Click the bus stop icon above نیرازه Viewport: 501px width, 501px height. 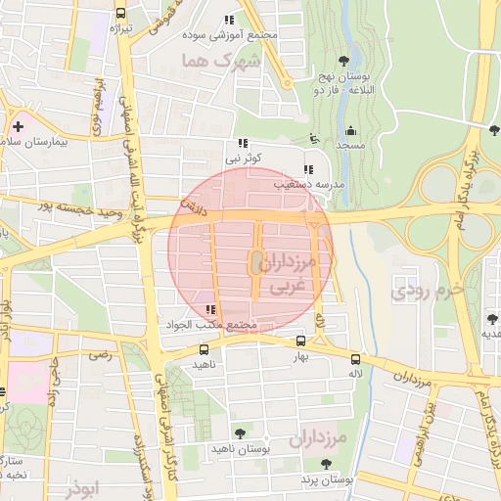[x=120, y=14]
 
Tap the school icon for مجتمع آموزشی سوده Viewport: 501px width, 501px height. [x=229, y=20]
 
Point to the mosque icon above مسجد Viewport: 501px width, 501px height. [x=350, y=130]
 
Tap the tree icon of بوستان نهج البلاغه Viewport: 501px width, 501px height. [x=342, y=61]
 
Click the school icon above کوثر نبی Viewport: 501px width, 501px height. [x=243, y=143]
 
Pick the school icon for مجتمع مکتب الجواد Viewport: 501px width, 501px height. [x=210, y=310]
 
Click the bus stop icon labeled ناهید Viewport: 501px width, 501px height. [x=204, y=349]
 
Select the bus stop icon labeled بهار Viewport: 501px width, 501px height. [x=300, y=342]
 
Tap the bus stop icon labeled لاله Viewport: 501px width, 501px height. [x=355, y=358]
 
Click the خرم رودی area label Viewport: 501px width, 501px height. [x=420, y=291]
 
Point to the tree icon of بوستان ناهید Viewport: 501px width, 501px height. [x=240, y=433]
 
